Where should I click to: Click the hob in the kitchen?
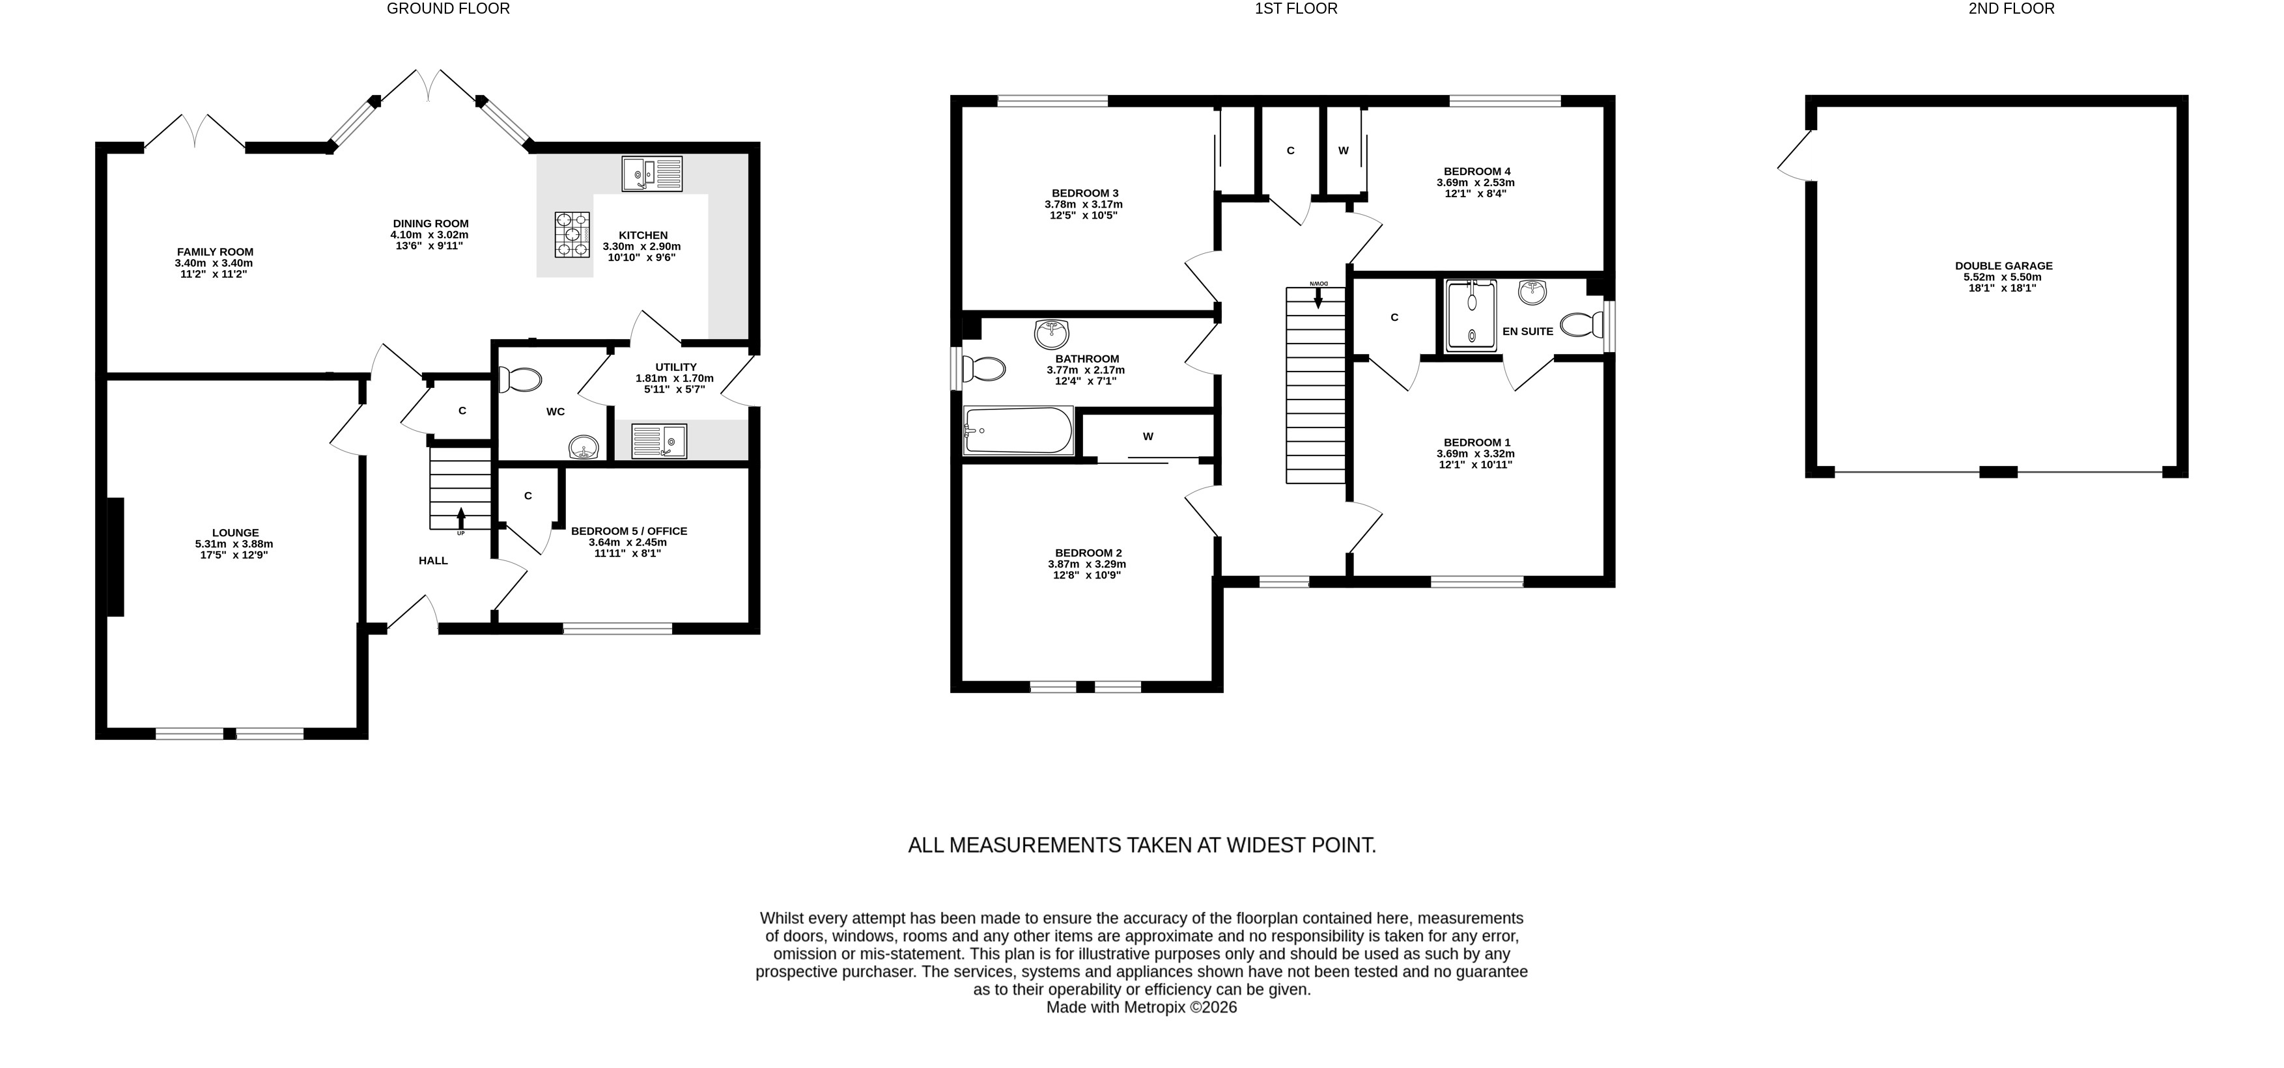(572, 235)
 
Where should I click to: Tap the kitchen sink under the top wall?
(652, 174)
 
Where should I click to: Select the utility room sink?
(659, 441)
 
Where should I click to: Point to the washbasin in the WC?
(584, 448)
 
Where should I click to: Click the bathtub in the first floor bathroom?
(1019, 431)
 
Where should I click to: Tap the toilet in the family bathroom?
(984, 368)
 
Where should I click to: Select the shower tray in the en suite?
(1471, 316)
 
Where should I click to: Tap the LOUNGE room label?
(235, 532)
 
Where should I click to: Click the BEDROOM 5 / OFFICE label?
(628, 531)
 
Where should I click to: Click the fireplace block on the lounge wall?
(115, 556)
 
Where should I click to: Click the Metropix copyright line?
(1141, 1007)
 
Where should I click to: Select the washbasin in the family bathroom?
(1052, 334)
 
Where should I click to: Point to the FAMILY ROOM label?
(214, 252)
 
